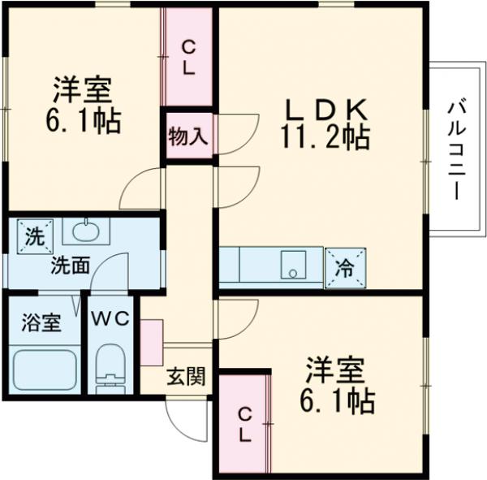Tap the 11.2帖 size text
coord(325,137)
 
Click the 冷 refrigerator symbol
coord(344,266)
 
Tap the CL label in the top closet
coord(188,58)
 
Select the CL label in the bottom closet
coord(243,424)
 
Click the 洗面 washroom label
coord(70,265)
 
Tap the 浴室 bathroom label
coord(41,321)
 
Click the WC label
coord(110,319)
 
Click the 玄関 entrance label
coord(186,376)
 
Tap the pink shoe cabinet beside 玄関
coord(151,342)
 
